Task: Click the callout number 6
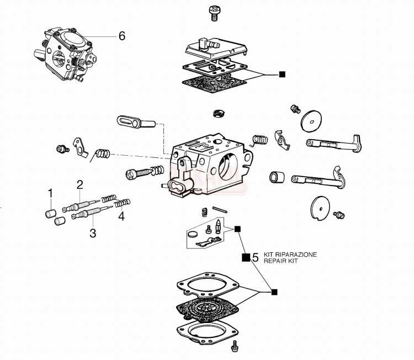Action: click(x=121, y=36)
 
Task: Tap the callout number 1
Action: click(x=50, y=194)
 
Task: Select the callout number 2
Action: click(x=80, y=184)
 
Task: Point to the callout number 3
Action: click(x=93, y=233)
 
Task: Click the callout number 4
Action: click(x=121, y=216)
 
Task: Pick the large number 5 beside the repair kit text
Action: click(x=255, y=257)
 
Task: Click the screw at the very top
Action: click(x=214, y=13)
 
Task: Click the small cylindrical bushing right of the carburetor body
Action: click(x=276, y=178)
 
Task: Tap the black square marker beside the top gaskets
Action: click(x=282, y=74)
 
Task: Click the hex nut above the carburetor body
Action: click(x=216, y=114)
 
